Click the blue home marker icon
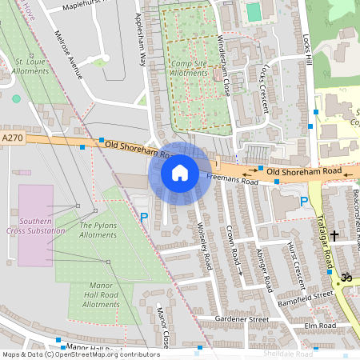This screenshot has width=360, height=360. tap(180, 173)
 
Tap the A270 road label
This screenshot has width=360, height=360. tap(12, 138)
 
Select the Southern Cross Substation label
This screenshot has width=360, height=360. tap(36, 226)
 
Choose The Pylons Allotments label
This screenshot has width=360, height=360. tap(98, 230)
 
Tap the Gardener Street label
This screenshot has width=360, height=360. tap(241, 319)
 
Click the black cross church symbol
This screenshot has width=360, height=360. tap(334, 236)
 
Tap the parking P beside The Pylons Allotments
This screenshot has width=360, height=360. tap(144, 217)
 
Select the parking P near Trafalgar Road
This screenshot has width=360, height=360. tap(304, 202)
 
